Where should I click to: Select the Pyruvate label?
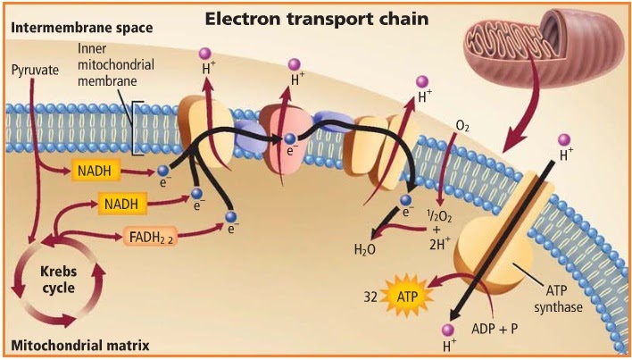tap(33, 69)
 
